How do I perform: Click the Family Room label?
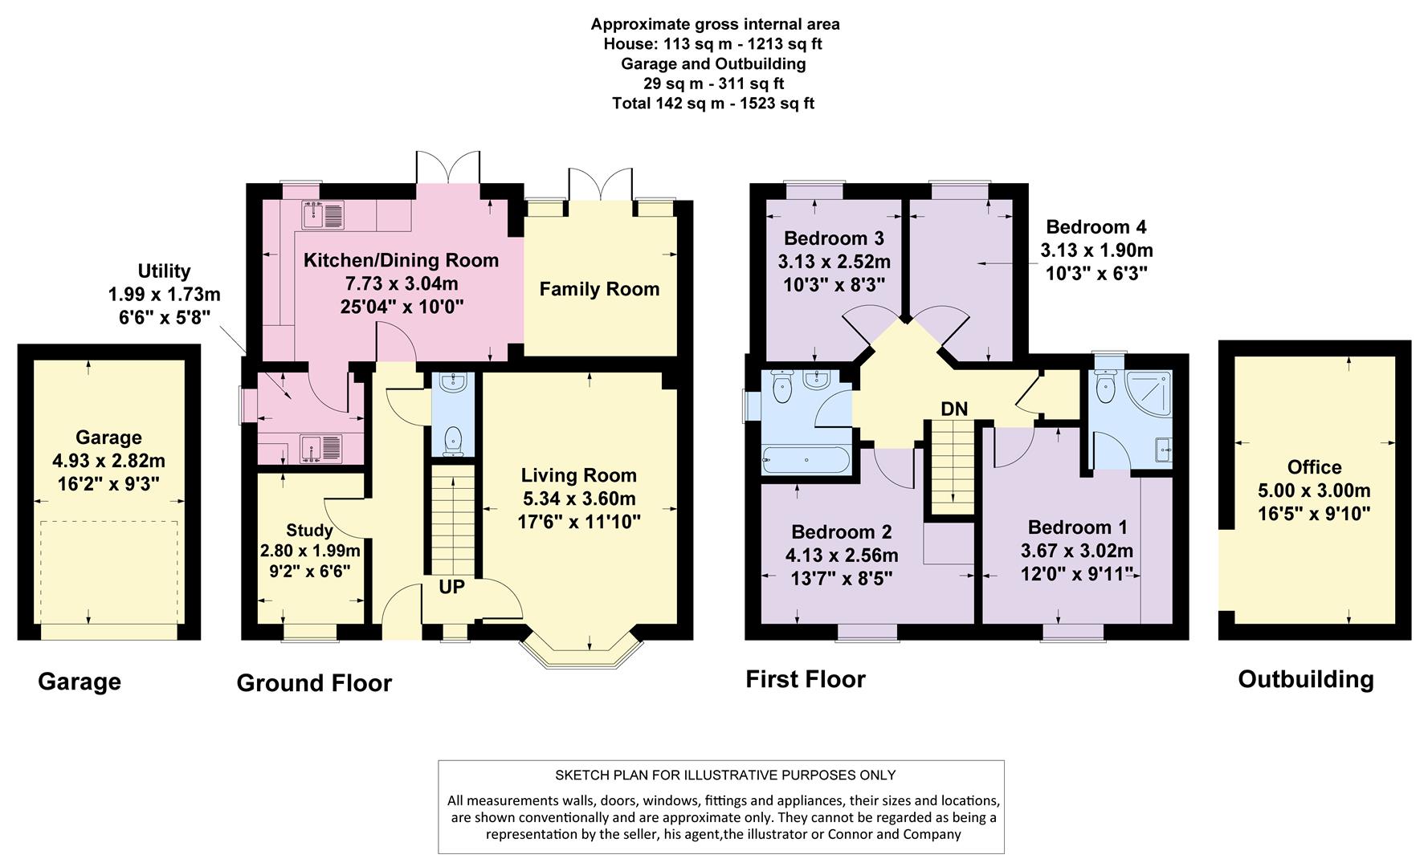pyautogui.click(x=599, y=289)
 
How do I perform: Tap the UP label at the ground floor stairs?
pyautogui.click(x=451, y=587)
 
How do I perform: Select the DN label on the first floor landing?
pyautogui.click(x=954, y=409)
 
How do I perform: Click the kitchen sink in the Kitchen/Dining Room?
pyautogui.click(x=323, y=214)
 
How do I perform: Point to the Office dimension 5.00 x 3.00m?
pyautogui.click(x=1314, y=490)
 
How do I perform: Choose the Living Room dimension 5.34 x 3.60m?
pyautogui.click(x=578, y=499)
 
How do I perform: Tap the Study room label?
pyautogui.click(x=309, y=530)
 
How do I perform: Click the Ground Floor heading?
pyautogui.click(x=314, y=683)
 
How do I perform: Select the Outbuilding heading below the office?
pyautogui.click(x=1306, y=679)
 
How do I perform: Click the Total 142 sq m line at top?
pyautogui.click(x=713, y=103)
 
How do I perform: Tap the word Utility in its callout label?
pyautogui.click(x=164, y=271)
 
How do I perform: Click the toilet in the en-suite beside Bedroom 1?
pyautogui.click(x=1106, y=387)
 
